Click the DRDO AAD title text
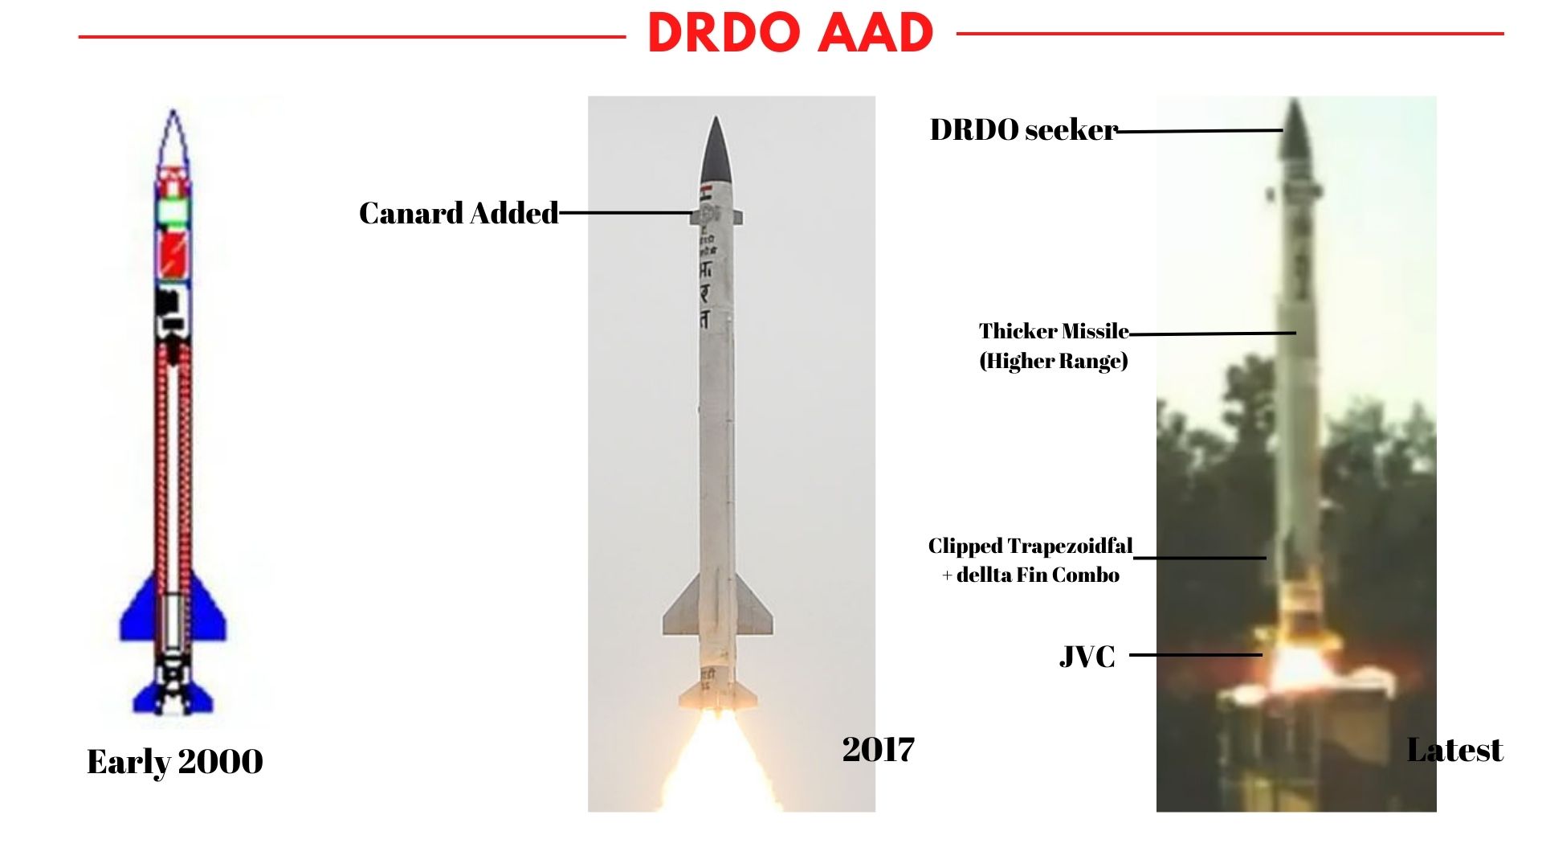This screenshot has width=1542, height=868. (x=790, y=34)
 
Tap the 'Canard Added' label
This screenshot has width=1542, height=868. (x=459, y=213)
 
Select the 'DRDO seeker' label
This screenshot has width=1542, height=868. (x=1022, y=129)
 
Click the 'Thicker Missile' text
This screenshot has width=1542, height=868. (x=1053, y=331)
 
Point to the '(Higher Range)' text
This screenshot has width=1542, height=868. (x=1053, y=361)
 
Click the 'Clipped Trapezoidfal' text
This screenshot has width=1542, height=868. (x=1030, y=547)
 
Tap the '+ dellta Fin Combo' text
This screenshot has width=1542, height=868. (x=1030, y=575)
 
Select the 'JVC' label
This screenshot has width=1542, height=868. (x=1087, y=657)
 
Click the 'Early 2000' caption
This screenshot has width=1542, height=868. (x=174, y=761)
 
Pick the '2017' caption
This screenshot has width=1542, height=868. (x=878, y=749)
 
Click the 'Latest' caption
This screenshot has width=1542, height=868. (x=1454, y=750)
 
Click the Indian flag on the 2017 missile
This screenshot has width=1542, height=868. (x=707, y=193)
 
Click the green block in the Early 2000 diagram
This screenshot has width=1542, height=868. (x=173, y=211)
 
